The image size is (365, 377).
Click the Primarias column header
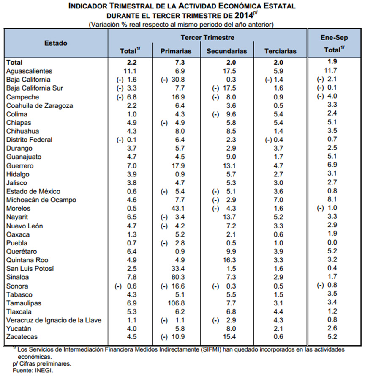coord(176,51)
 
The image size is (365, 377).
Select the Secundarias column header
coord(227,51)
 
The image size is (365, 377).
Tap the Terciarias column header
coord(281,51)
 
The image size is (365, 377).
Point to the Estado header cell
coord(56,43)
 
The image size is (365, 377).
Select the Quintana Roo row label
coord(26,260)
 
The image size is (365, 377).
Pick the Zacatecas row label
coord(22,337)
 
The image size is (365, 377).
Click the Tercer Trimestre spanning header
coord(207,38)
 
